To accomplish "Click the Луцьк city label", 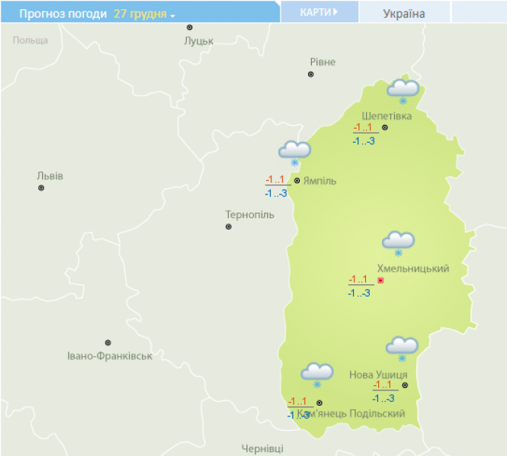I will [x=198, y=40].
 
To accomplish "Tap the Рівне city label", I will [x=322, y=62].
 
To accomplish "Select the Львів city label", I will [x=50, y=175].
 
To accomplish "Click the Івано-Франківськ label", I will [x=110, y=356].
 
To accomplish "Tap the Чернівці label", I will [x=262, y=448].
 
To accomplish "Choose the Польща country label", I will [x=30, y=40].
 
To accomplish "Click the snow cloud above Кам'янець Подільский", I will [x=316, y=374].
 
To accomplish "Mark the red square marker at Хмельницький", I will [x=381, y=281].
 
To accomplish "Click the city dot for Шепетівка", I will [x=384, y=127].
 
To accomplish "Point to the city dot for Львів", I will [x=41, y=188].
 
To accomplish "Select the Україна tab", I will [x=404, y=13].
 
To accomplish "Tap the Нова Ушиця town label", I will [x=378, y=374].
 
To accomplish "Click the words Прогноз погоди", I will [x=63, y=14].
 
